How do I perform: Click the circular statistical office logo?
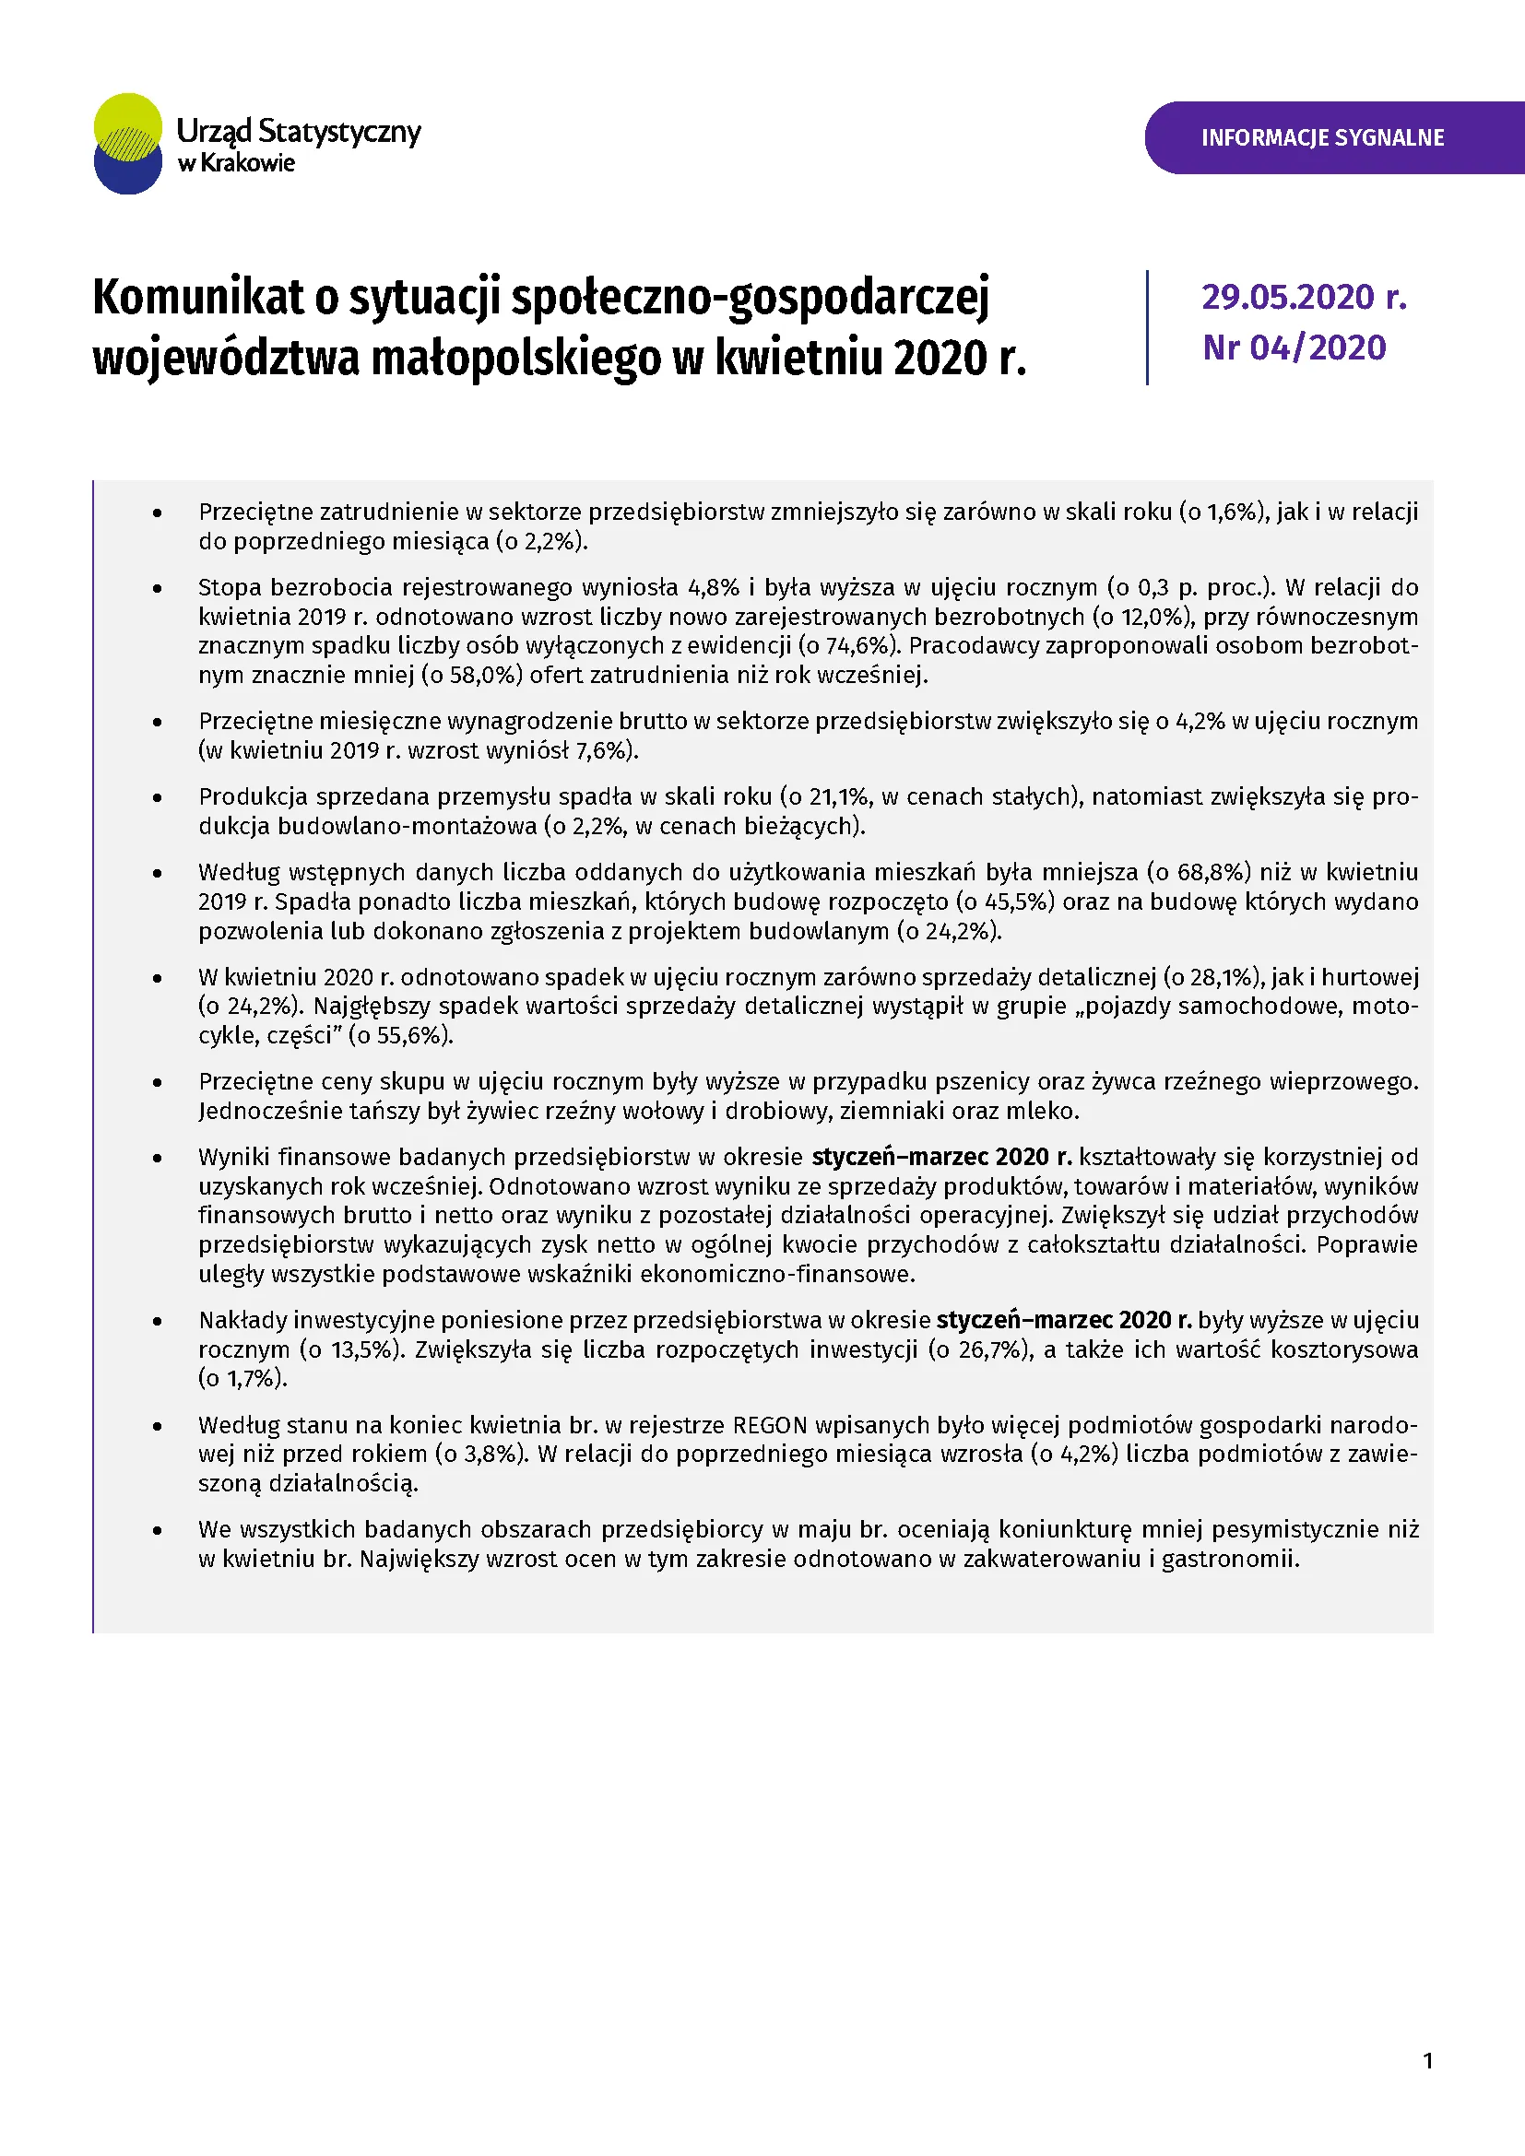pos(128,144)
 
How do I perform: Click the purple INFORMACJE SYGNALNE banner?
pos(1322,138)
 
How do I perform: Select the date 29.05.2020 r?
pos(1304,298)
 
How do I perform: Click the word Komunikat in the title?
pos(198,299)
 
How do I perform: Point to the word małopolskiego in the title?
pos(516,359)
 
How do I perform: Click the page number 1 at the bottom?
pos(1427,2061)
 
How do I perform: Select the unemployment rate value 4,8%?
pos(714,588)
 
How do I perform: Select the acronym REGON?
pos(769,1425)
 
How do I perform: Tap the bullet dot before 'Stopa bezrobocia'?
pos(158,589)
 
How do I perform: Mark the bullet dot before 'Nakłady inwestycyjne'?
pos(158,1322)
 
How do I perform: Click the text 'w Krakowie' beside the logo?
pos(237,163)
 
